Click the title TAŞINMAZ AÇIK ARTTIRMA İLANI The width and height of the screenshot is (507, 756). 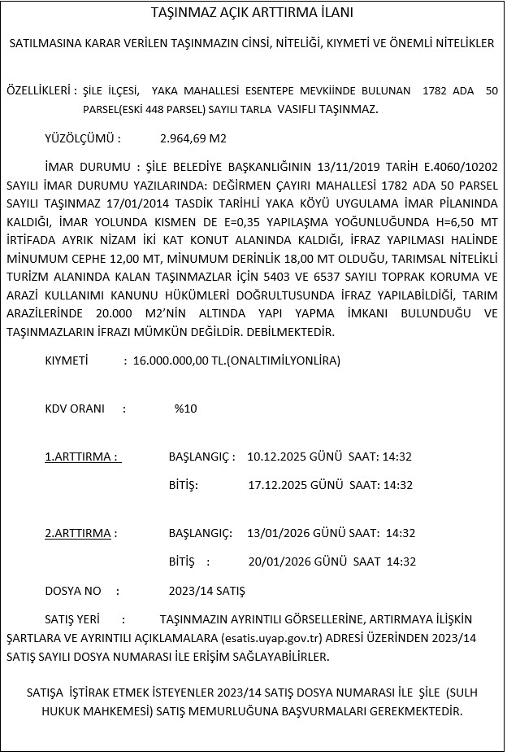(252, 14)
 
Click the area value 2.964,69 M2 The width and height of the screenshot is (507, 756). (193, 138)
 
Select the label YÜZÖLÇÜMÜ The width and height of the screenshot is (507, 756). (83, 138)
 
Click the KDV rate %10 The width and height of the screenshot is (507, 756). (185, 409)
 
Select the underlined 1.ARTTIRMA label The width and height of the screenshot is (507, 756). (82, 457)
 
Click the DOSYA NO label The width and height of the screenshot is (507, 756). (73, 590)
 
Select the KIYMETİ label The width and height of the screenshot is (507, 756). (66, 360)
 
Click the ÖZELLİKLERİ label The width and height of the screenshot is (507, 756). (41, 92)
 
